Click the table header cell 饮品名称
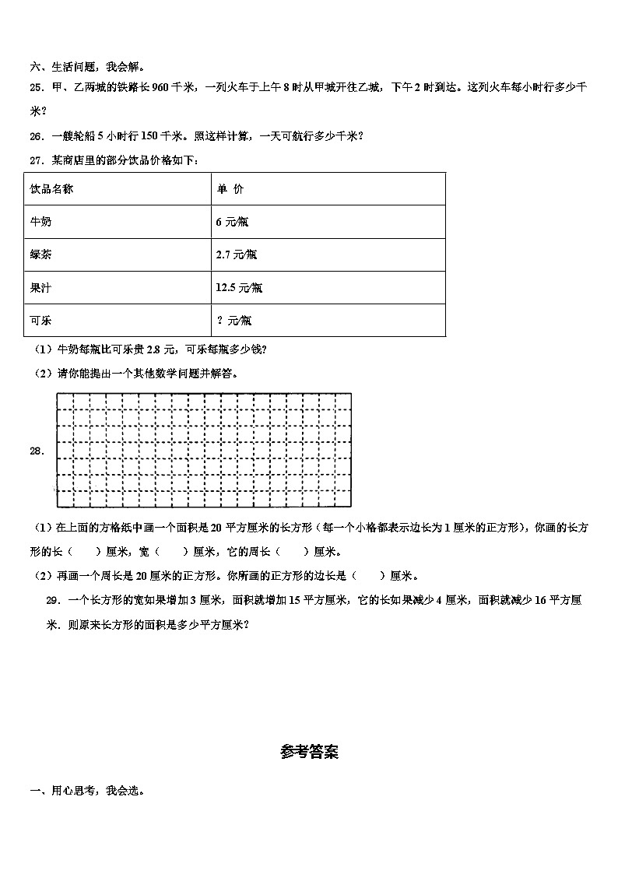point(51,189)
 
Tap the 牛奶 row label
point(40,222)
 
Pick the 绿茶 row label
point(40,254)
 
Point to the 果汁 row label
point(40,287)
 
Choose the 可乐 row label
point(40,320)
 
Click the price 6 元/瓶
point(232,222)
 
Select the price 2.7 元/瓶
point(237,254)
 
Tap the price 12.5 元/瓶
point(239,287)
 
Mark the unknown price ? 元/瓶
point(234,320)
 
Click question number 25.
point(36,88)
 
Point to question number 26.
point(36,136)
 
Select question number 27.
point(36,160)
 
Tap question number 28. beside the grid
point(37,451)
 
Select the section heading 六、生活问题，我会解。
point(86,67)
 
